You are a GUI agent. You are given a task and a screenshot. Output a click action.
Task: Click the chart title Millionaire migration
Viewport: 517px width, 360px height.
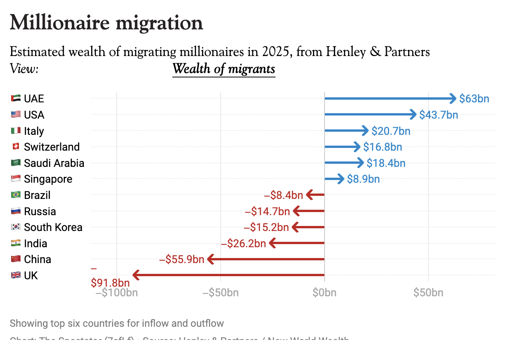click(106, 22)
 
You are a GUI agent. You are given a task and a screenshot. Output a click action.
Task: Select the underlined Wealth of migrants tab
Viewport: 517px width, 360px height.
click(224, 69)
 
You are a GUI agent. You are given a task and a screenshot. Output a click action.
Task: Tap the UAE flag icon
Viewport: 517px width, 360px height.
click(16, 98)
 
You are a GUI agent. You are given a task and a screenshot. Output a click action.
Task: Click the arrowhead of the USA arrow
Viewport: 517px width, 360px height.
click(413, 114)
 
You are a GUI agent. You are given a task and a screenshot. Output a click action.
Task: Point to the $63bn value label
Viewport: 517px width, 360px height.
click(474, 98)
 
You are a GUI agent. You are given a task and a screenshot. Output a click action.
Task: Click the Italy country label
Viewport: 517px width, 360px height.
click(34, 131)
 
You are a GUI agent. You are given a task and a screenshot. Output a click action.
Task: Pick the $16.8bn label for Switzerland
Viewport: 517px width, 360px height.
click(383, 147)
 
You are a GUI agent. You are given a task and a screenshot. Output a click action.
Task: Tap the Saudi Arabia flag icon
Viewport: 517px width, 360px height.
click(16, 163)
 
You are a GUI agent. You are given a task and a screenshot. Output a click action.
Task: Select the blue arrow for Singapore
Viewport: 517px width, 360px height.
click(334, 179)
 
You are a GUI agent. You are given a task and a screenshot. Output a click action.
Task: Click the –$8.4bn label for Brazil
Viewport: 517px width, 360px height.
click(284, 195)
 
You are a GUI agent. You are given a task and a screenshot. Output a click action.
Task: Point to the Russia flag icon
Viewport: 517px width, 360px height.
click(16, 211)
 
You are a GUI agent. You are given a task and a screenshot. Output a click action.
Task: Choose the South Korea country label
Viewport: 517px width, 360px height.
click(53, 227)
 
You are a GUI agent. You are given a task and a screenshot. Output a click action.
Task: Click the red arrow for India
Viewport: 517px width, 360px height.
click(298, 243)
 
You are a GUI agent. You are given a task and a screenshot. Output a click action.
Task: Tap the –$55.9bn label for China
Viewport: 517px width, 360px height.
click(182, 259)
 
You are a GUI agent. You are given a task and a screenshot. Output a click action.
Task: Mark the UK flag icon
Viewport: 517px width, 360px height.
click(16, 275)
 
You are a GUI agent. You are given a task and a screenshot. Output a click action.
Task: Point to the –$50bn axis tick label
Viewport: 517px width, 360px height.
click(220, 293)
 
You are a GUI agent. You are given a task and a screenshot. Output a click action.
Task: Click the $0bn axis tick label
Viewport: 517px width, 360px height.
click(324, 293)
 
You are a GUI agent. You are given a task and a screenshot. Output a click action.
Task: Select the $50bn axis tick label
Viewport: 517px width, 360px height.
click(428, 293)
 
